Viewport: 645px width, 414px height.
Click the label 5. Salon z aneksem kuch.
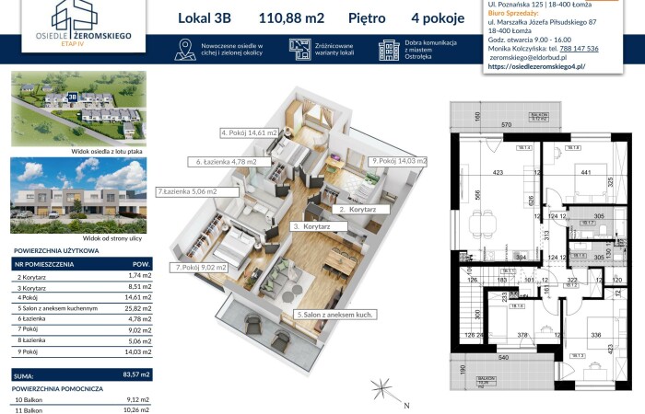[x=334, y=315]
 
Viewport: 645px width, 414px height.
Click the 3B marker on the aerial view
[x=72, y=96]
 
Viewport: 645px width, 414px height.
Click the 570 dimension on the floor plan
[x=531, y=123]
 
